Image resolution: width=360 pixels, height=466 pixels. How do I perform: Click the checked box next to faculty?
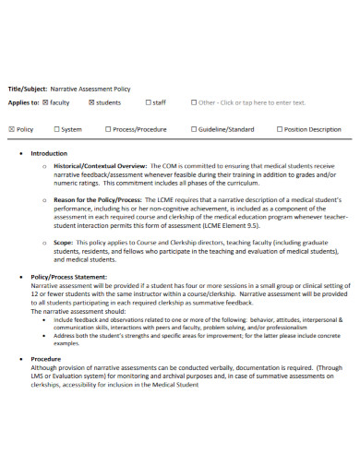tap(46, 102)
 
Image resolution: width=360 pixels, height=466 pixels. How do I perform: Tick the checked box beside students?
tap(91, 102)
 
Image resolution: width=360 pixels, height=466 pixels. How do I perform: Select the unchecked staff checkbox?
tap(146, 102)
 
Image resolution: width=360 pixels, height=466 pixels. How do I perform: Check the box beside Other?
tap(194, 102)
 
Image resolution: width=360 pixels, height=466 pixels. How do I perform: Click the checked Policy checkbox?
tap(11, 130)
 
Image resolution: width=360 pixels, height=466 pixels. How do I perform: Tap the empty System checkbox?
tap(57, 130)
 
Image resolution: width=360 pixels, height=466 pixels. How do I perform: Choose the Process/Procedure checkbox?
tap(109, 130)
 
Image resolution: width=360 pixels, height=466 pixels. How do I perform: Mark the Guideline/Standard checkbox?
tap(194, 130)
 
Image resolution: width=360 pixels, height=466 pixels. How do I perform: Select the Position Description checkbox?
tap(280, 130)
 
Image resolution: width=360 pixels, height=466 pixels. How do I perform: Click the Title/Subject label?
tap(26, 89)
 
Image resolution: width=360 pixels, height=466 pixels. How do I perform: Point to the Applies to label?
tap(23, 102)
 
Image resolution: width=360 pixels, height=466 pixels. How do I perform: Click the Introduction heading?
tap(49, 153)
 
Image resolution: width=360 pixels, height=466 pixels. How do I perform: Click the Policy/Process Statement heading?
tap(68, 276)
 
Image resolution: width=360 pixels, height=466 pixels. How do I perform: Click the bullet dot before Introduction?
tap(21, 153)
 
